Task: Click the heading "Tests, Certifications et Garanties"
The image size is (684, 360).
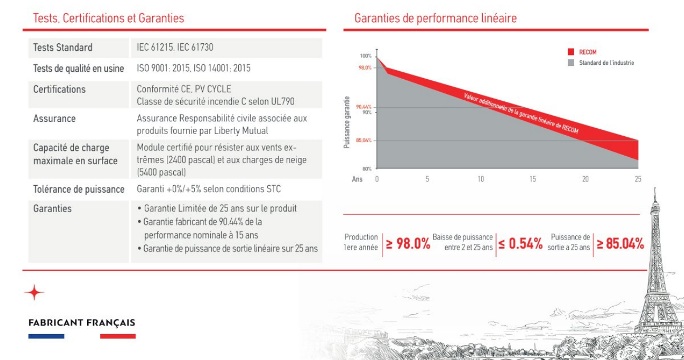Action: tap(108, 18)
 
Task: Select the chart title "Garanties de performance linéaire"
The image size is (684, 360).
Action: tap(435, 18)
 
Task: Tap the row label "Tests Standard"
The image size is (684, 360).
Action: tap(62, 48)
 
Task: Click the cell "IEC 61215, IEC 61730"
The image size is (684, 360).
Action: tap(175, 48)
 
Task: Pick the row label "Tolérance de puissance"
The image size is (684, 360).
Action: tap(79, 189)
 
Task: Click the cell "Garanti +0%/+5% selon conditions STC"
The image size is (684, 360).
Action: tap(209, 189)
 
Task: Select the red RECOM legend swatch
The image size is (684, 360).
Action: tap(570, 52)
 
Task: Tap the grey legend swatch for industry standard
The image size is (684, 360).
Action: tap(570, 63)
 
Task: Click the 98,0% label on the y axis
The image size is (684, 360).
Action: tap(364, 68)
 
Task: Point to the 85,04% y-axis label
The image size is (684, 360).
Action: tap(363, 140)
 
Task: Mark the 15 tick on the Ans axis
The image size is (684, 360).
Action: tap(532, 179)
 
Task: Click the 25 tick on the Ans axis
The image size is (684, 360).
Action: tap(638, 179)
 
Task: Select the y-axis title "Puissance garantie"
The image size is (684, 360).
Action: tap(347, 122)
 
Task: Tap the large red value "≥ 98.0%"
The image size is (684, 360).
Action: tap(408, 244)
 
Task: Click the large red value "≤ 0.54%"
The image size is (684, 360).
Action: tap(520, 244)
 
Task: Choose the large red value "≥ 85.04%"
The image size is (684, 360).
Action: tap(621, 244)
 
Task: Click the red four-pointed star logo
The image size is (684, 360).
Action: tap(34, 292)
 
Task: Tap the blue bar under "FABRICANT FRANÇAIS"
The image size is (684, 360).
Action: tap(46, 336)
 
